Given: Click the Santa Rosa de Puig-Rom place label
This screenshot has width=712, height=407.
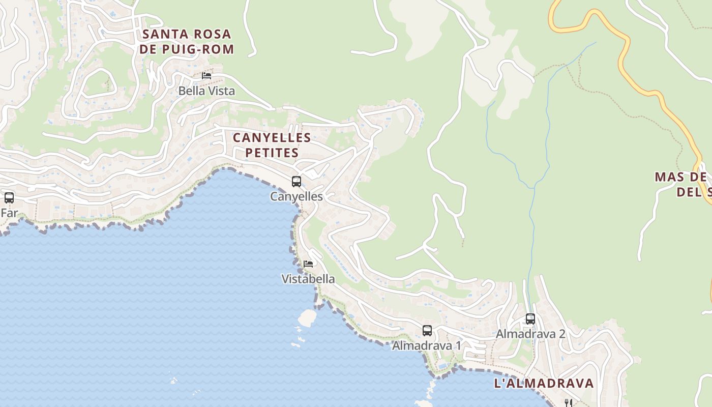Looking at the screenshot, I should (x=187, y=41).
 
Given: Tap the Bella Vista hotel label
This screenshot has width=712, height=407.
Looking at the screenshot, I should (x=206, y=91).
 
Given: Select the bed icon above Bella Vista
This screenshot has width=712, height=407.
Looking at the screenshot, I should (x=206, y=75).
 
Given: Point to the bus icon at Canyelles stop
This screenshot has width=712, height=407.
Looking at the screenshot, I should (x=296, y=181).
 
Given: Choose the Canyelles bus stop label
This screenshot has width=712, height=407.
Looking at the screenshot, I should (x=296, y=196).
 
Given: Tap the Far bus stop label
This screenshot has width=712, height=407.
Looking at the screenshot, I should (x=9, y=213).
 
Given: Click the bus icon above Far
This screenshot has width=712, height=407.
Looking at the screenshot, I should (x=9, y=197).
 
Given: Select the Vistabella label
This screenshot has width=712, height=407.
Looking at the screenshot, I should (x=308, y=279).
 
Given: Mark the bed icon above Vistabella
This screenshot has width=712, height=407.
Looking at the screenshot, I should (x=308, y=264).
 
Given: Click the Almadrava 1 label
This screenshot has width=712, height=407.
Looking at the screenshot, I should (x=427, y=345).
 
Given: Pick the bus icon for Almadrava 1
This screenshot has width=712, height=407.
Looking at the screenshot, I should (x=427, y=331).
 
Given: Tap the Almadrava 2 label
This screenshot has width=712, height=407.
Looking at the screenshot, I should (x=530, y=334).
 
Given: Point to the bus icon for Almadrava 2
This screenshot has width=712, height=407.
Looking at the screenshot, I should (x=530, y=319).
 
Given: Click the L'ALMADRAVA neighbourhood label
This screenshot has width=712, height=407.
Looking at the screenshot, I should (x=544, y=383).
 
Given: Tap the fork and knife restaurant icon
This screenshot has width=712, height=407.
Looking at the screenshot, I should (x=569, y=403).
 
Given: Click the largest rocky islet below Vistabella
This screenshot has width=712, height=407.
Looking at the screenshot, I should (x=307, y=317).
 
